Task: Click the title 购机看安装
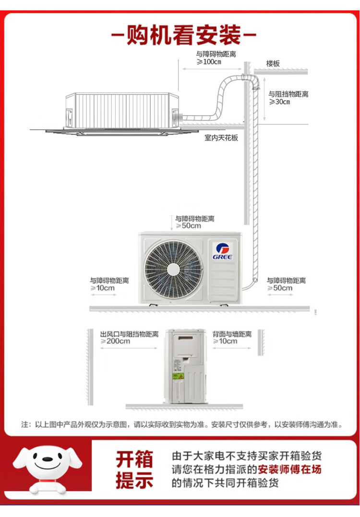tap(184, 35)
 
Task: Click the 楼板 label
tap(273, 64)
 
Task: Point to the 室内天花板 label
tap(221, 138)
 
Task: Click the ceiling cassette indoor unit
tap(122, 114)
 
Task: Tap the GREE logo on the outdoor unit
tap(222, 251)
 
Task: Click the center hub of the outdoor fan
tap(174, 270)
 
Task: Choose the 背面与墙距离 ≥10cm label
tap(232, 338)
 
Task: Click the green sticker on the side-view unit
tap(178, 376)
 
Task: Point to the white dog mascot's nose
tap(48, 459)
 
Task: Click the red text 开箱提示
tap(134, 470)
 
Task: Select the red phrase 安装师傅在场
tap(289, 469)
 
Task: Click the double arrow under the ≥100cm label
tap(213, 69)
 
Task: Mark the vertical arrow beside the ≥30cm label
tap(264, 100)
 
